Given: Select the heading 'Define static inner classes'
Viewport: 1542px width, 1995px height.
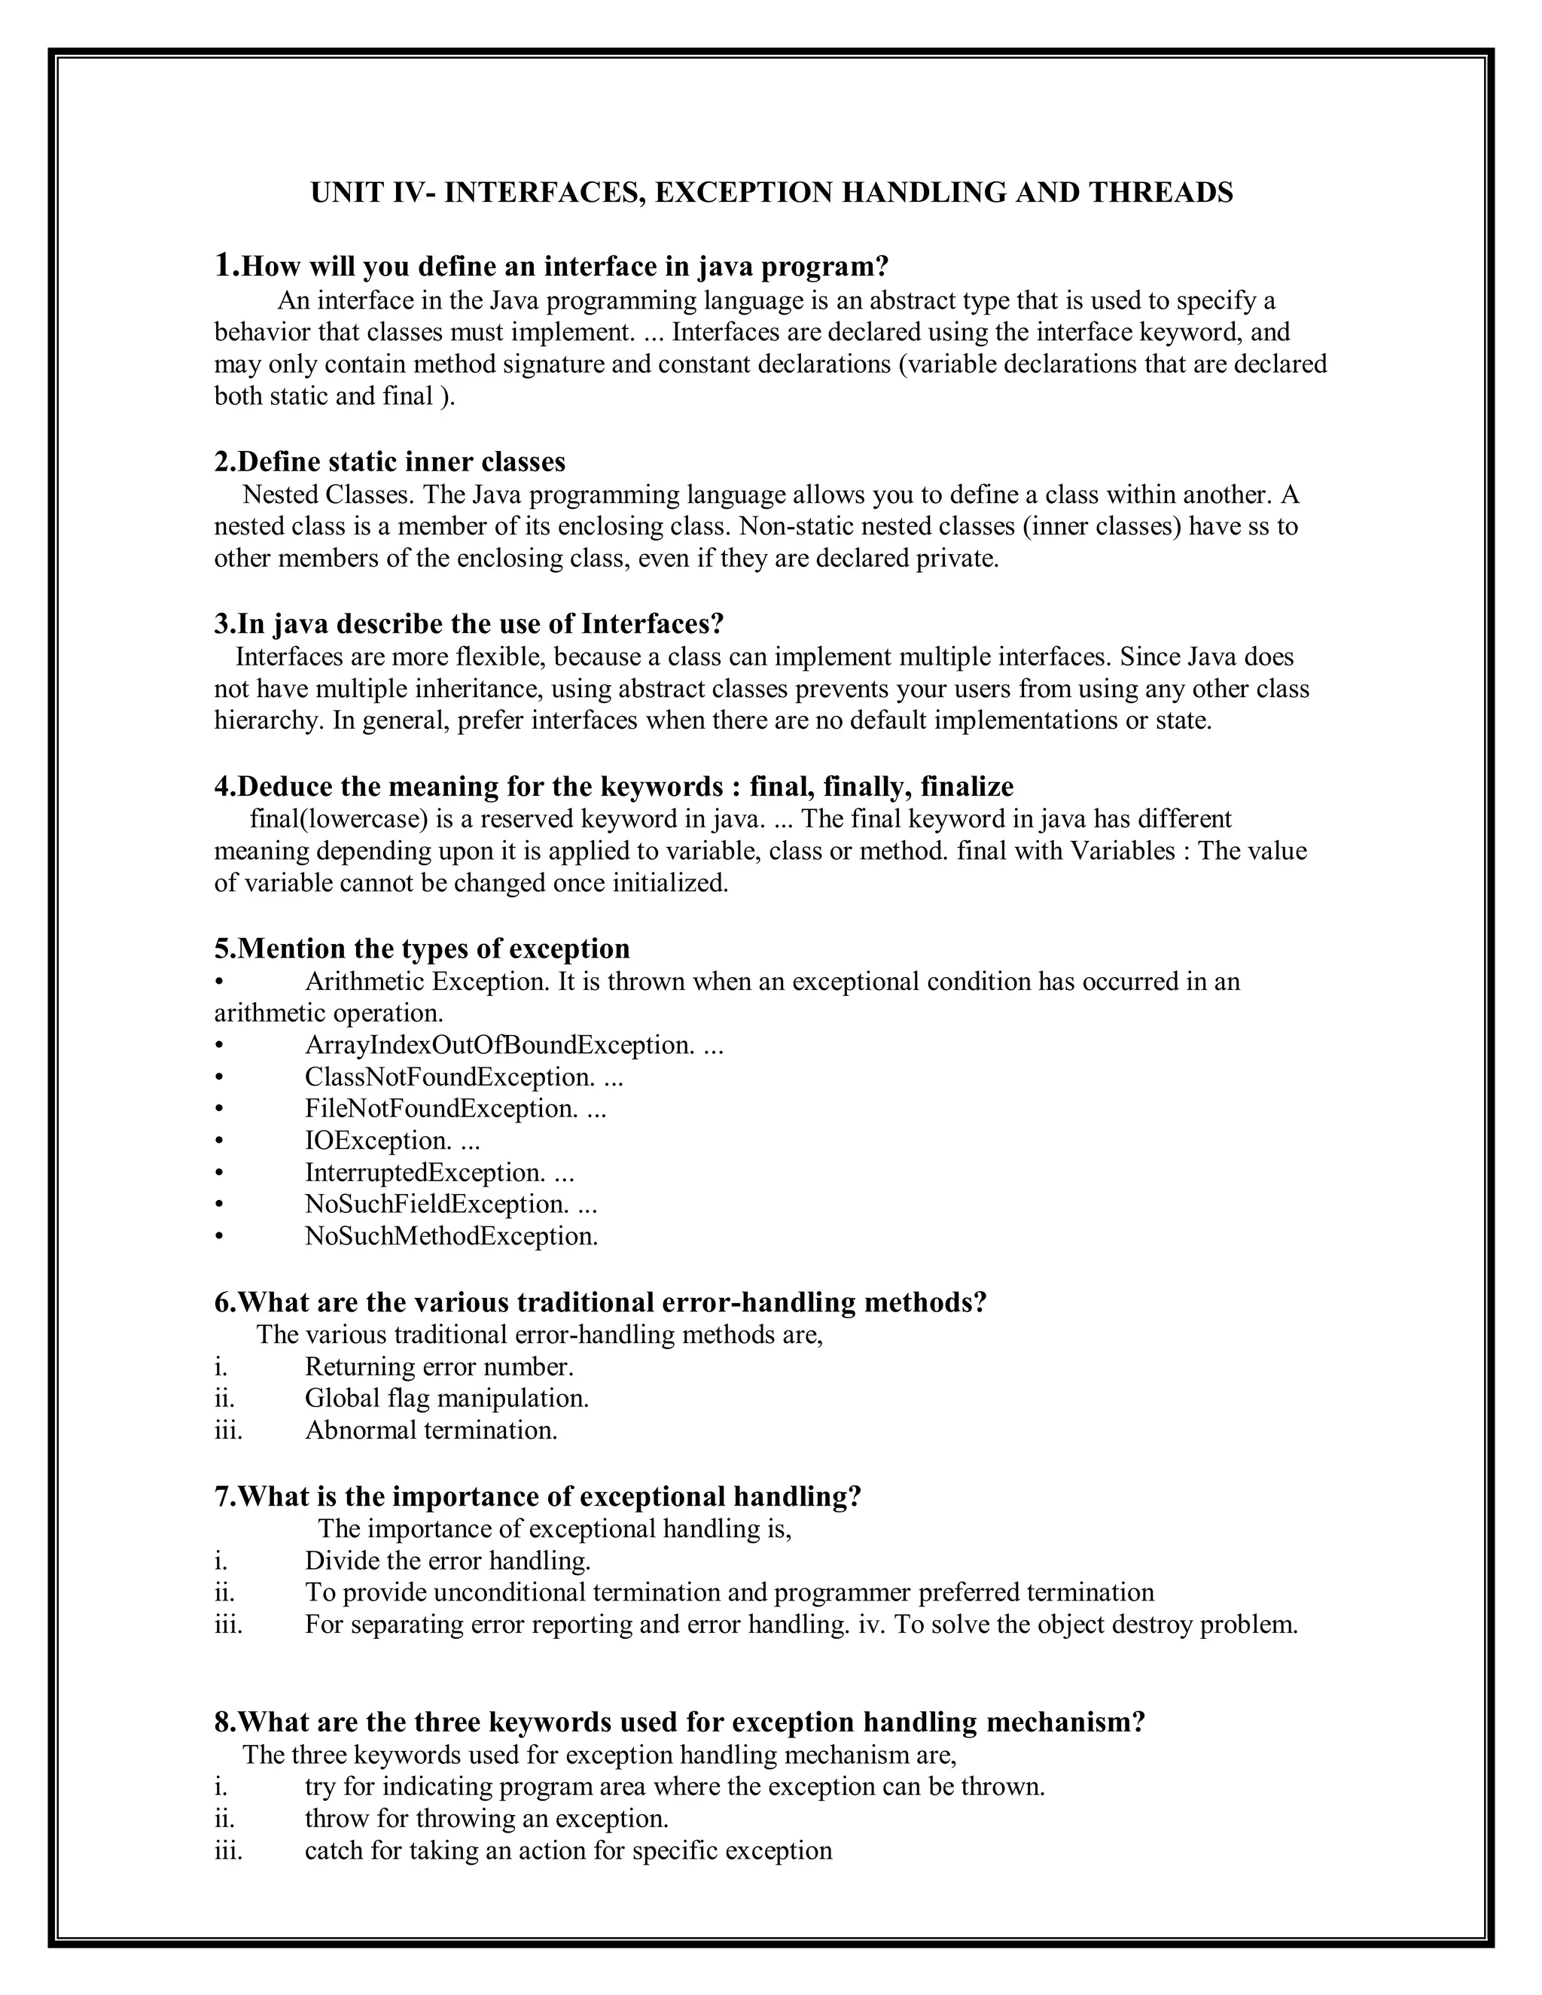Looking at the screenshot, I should click(x=390, y=461).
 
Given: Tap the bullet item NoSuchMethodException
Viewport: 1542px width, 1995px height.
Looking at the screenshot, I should click(x=451, y=1236).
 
